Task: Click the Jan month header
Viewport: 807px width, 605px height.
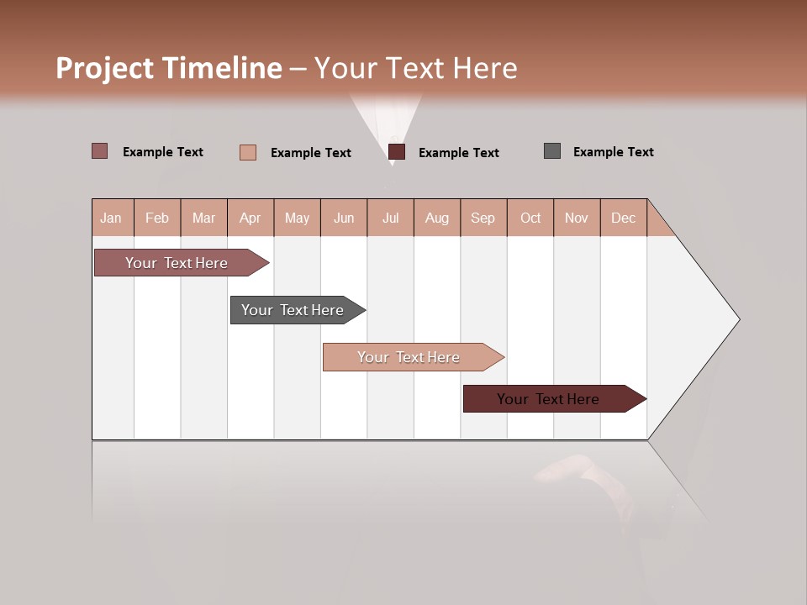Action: (x=112, y=218)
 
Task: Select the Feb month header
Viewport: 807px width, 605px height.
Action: (x=157, y=218)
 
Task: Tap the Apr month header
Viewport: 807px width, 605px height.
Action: (x=251, y=218)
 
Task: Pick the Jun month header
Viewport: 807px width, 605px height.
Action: (x=344, y=218)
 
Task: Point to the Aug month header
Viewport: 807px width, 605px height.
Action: (x=437, y=218)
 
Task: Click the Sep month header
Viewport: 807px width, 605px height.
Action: (x=483, y=218)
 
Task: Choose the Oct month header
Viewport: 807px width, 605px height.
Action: (x=530, y=218)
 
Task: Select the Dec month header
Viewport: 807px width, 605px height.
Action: (x=624, y=218)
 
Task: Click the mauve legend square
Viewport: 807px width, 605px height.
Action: (x=100, y=151)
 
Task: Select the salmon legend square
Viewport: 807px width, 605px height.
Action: (x=248, y=152)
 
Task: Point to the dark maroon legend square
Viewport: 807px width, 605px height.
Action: (x=397, y=152)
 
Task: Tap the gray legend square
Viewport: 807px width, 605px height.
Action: (x=552, y=151)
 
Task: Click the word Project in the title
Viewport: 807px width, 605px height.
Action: (x=105, y=68)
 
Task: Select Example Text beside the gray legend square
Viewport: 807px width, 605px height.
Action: (x=613, y=152)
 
